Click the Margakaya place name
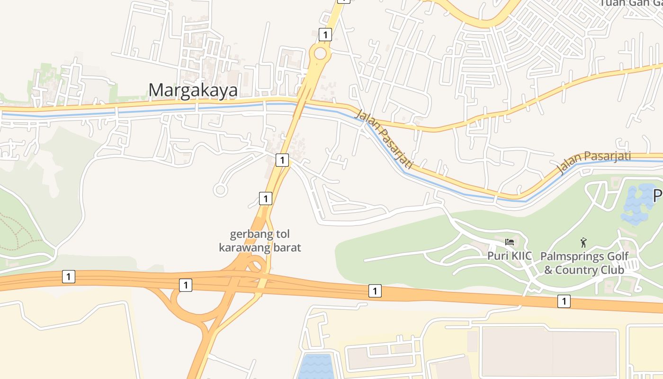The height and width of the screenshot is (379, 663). pos(193,90)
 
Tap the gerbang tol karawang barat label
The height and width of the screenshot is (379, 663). pos(260,241)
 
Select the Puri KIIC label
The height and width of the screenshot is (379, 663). pos(510,256)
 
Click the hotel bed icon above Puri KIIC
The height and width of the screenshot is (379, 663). pos(510,242)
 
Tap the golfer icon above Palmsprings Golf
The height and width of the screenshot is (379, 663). pos(583,243)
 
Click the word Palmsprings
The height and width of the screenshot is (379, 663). pos(566,256)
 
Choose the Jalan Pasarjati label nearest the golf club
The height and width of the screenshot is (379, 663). pos(594,162)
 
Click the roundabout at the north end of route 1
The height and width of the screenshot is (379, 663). pos(320,54)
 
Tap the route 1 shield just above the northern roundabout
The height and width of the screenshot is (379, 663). pos(325,34)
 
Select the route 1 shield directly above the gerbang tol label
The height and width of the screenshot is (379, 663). pos(266,199)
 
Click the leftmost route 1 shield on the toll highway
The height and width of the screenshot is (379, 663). pos(69,277)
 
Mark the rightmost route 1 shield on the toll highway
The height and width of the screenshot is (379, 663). pos(564,301)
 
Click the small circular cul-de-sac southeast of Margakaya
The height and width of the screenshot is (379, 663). pos(220,190)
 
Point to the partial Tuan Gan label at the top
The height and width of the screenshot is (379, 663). pos(630,3)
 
